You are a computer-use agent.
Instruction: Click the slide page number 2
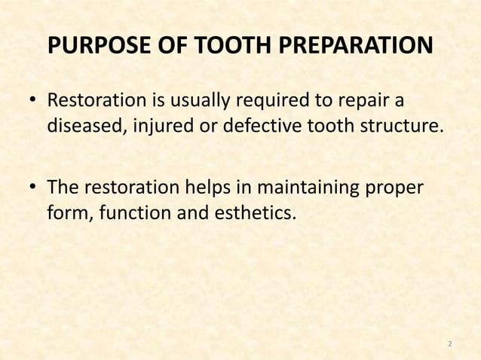pyautogui.click(x=449, y=344)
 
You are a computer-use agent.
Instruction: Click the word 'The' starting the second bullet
pyautogui.click(x=63, y=189)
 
